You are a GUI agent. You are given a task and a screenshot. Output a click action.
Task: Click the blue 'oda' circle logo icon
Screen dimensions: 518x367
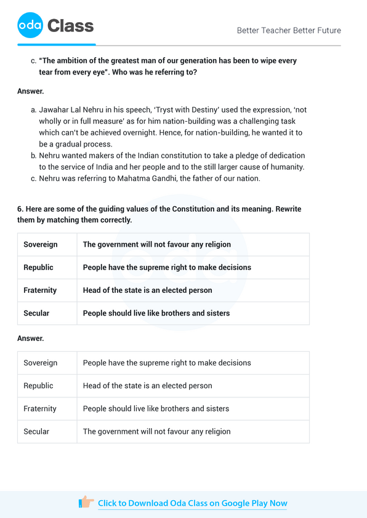(x=30, y=26)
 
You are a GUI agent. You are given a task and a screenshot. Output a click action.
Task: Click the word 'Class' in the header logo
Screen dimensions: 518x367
(x=70, y=26)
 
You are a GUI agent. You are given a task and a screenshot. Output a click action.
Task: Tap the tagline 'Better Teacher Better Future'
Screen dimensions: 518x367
(x=288, y=30)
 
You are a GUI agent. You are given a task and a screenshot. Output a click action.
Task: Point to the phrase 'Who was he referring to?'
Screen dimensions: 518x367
(x=150, y=72)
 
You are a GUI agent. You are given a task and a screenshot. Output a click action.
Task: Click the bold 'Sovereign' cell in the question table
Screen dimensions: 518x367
(x=41, y=244)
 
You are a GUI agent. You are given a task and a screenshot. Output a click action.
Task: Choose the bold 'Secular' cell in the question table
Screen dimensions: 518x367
(x=36, y=313)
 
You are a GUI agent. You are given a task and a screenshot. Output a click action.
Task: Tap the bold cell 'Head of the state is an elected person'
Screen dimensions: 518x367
(x=147, y=290)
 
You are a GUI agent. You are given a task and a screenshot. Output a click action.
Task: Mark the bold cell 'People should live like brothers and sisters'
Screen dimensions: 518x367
(x=156, y=313)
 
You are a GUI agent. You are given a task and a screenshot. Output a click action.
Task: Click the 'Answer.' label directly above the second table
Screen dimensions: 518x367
(x=31, y=338)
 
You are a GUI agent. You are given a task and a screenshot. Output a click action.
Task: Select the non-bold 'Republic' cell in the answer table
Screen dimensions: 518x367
(x=38, y=386)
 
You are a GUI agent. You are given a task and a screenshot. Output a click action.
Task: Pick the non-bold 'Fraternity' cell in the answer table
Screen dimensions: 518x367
(x=40, y=408)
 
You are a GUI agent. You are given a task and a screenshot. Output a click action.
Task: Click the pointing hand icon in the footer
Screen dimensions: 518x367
(x=86, y=503)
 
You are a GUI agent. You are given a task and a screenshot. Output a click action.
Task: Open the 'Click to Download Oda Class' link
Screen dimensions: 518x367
(x=192, y=503)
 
